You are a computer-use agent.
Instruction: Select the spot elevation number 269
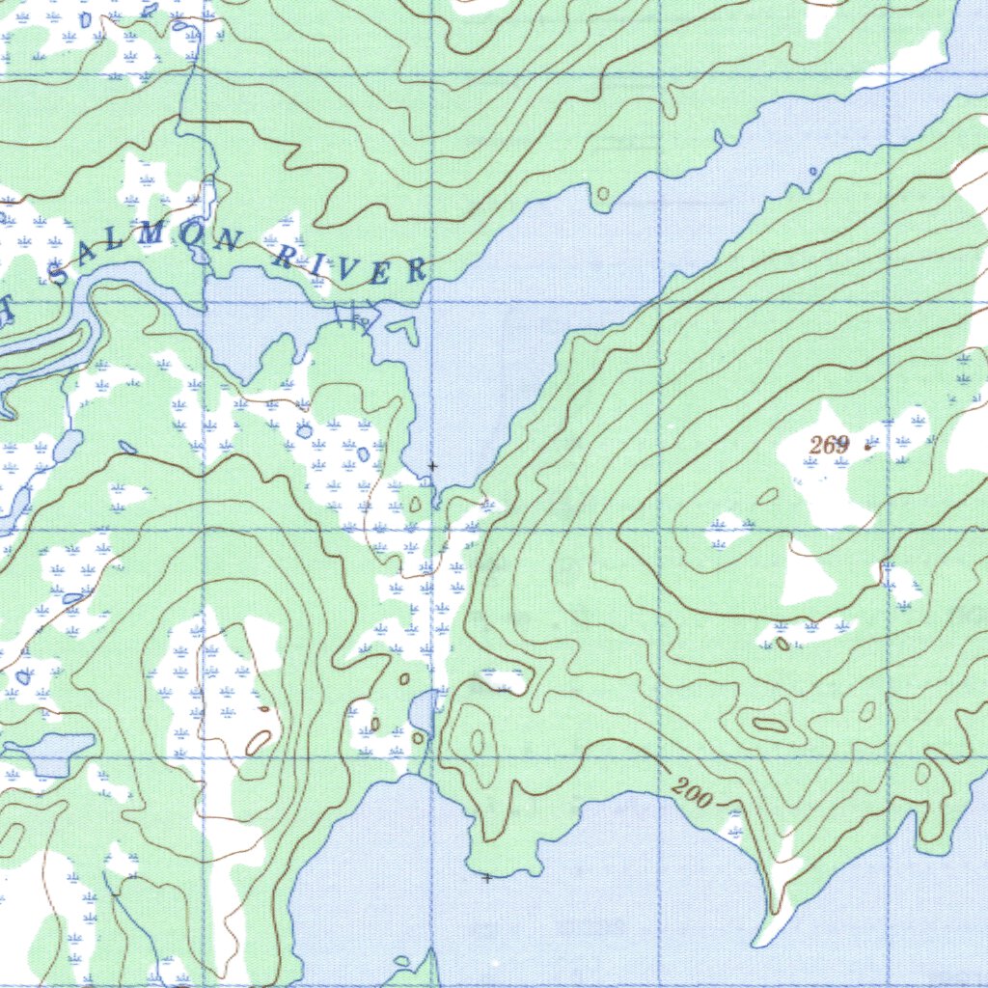tap(830, 445)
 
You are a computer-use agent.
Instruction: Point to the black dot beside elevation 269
tap(866, 447)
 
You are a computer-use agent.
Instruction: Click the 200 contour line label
tap(693, 795)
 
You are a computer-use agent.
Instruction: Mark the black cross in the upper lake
tap(432, 466)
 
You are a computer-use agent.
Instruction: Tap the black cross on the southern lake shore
tap(487, 878)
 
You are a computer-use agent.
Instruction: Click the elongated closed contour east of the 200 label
tap(769, 725)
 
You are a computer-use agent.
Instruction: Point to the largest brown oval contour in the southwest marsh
tap(259, 742)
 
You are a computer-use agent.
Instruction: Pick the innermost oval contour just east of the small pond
tap(478, 741)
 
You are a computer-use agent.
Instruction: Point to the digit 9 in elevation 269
tap(842, 445)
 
